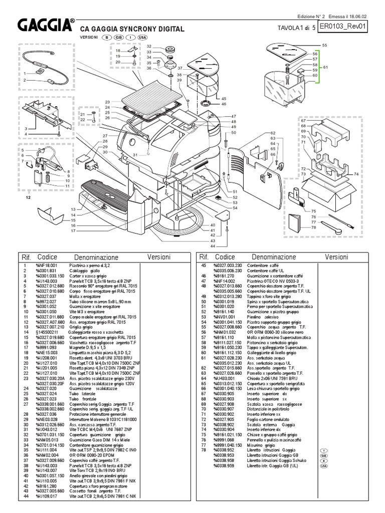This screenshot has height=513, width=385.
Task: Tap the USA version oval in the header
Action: (x=142, y=38)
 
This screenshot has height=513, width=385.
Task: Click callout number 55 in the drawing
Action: (x=324, y=46)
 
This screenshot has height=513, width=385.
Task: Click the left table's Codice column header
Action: (x=48, y=256)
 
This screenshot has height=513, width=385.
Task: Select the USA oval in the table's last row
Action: (x=323, y=466)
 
